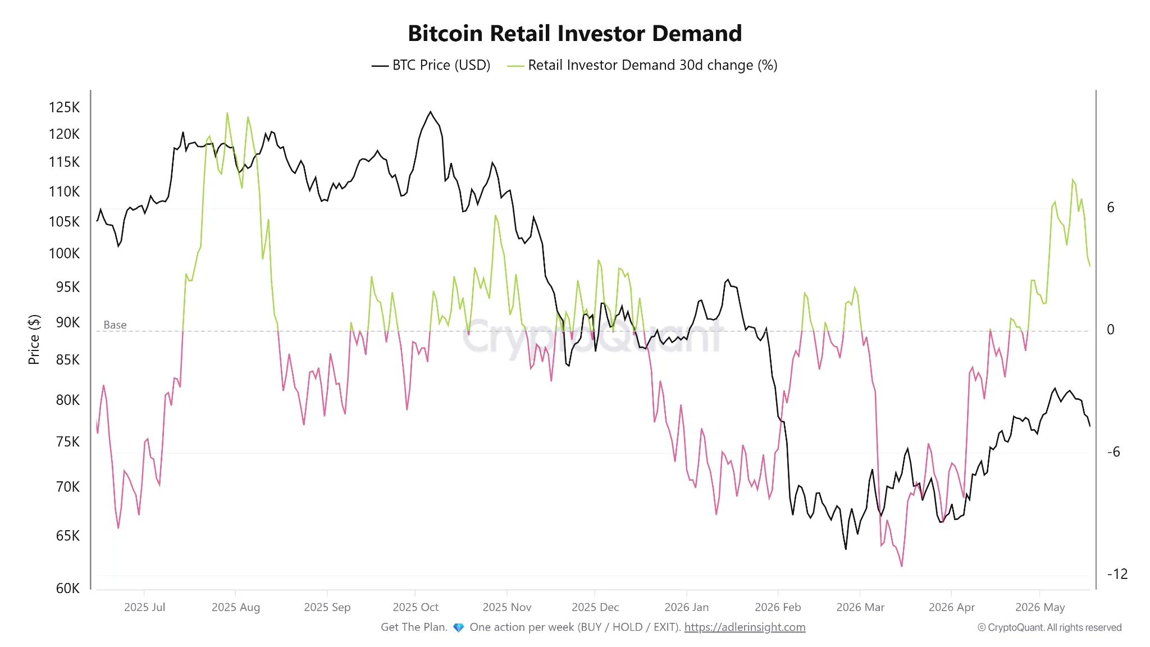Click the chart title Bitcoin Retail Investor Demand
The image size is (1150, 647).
pyautogui.click(x=574, y=33)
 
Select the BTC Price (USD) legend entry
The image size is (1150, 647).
pyautogui.click(x=431, y=65)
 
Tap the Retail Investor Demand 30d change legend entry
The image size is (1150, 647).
pyautogui.click(x=642, y=65)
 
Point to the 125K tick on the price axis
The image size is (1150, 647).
pyautogui.click(x=64, y=107)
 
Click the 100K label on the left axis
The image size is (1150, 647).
pyautogui.click(x=64, y=253)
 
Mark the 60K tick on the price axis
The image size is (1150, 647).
pyautogui.click(x=67, y=588)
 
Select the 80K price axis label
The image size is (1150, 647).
pyautogui.click(x=67, y=400)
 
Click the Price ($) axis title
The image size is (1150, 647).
pyautogui.click(x=34, y=339)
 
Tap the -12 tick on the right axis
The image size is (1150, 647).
pyautogui.click(x=1117, y=574)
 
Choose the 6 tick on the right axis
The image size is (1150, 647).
pyautogui.click(x=1110, y=208)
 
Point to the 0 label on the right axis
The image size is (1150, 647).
pyautogui.click(x=1110, y=330)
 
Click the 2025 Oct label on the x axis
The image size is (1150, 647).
pyautogui.click(x=416, y=607)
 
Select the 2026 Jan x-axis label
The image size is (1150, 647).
pyautogui.click(x=686, y=607)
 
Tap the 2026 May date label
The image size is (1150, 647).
pyautogui.click(x=1040, y=607)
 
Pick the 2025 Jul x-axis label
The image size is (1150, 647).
pyautogui.click(x=144, y=607)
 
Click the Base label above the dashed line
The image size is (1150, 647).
pyautogui.click(x=115, y=325)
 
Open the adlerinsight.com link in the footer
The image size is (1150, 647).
pyautogui.click(x=745, y=627)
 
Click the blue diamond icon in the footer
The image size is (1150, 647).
pyautogui.click(x=459, y=627)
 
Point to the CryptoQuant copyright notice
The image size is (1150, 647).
pyautogui.click(x=1049, y=627)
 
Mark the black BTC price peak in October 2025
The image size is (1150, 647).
pyautogui.click(x=431, y=112)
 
